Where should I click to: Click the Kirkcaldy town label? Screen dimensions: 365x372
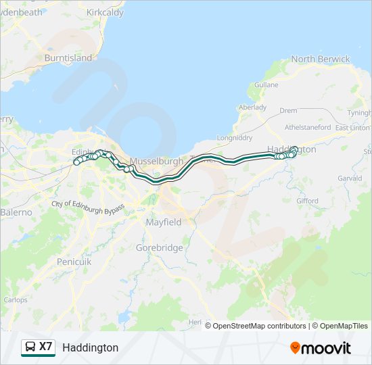[105, 13]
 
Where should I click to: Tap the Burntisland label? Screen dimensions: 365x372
[68, 58]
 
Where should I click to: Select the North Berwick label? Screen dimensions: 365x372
[321, 59]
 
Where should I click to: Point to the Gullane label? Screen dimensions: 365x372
[266, 84]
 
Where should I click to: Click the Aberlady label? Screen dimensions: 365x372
[252, 107]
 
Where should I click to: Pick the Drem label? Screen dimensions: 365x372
[288, 110]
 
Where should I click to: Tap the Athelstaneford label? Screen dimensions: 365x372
[308, 127]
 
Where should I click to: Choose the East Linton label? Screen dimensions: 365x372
[352, 128]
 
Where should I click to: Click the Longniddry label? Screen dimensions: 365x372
[234, 138]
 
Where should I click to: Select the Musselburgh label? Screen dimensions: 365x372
[156, 162]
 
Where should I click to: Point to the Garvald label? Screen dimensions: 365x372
[350, 178]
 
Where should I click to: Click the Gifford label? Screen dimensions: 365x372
[307, 201]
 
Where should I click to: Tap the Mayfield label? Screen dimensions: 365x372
[164, 222]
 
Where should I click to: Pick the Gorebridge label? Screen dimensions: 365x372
[159, 247]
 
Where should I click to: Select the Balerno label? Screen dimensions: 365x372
[16, 212]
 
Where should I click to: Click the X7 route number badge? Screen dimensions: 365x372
[45, 347]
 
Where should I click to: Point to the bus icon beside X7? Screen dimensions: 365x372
[30, 347]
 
